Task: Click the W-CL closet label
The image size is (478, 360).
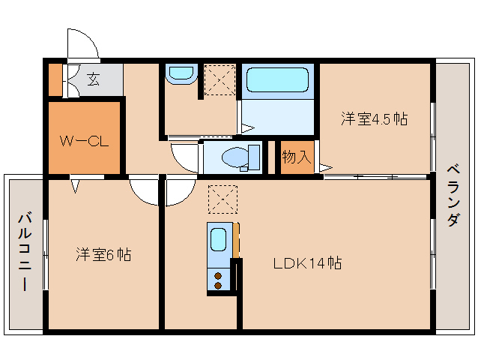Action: point(84,141)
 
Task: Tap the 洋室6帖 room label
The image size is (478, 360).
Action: point(103,255)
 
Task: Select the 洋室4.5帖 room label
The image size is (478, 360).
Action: point(374,118)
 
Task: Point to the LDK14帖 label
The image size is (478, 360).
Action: point(307,263)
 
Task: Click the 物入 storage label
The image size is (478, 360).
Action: point(297,157)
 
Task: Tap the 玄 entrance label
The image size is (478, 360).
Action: point(94,79)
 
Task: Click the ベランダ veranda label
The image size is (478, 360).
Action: point(453,195)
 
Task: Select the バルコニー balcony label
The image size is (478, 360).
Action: point(25,252)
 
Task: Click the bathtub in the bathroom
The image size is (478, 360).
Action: point(277,80)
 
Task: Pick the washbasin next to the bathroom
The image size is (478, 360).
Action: point(181,74)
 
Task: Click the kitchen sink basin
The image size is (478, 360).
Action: point(219,239)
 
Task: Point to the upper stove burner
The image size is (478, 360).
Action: point(218,276)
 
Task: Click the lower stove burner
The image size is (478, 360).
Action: point(218,286)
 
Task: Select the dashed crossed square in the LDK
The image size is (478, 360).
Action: point(223,199)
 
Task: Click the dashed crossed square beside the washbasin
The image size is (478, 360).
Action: point(220,79)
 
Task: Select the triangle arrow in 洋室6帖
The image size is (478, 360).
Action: point(75,186)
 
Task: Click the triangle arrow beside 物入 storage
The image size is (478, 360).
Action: point(326,167)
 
